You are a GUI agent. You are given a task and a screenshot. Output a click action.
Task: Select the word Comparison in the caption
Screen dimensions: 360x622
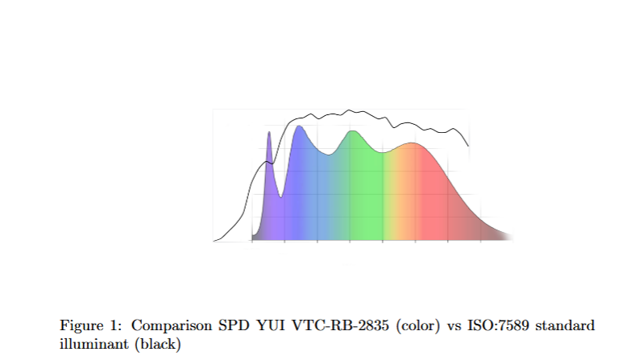[170, 326]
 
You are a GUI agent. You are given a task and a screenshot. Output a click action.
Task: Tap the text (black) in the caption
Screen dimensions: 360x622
[158, 344]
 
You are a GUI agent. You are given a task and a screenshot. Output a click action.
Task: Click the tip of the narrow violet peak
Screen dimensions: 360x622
[268, 133]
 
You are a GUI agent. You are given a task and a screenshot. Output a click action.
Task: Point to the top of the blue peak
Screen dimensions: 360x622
[299, 126]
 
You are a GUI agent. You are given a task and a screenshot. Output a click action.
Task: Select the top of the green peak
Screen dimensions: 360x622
[351, 131]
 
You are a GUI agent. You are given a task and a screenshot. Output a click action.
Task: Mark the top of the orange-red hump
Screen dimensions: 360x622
[413, 143]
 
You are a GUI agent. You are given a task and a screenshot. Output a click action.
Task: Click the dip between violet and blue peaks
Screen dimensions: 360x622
[280, 196]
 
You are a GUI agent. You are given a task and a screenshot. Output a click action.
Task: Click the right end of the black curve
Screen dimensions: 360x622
[469, 146]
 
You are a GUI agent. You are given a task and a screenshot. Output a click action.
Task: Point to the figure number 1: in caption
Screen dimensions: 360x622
[118, 326]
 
